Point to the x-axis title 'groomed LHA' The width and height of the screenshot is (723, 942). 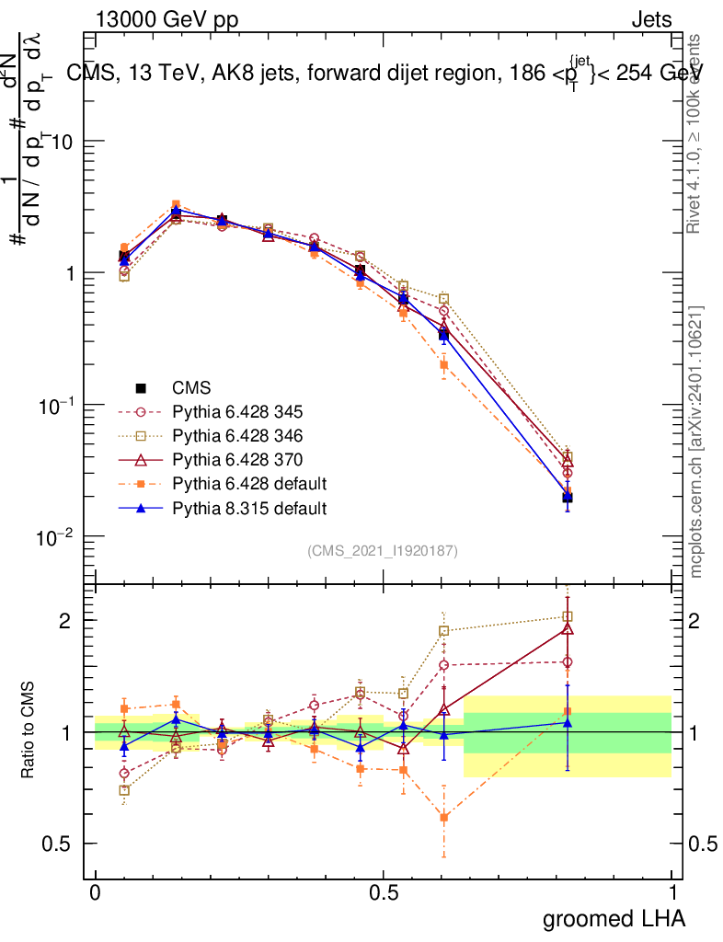pos(614,918)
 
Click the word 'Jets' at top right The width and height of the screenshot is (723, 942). pos(650,19)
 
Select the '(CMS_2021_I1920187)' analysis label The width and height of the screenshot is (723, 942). pos(383,551)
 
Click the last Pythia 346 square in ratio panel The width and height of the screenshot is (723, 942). pos(568,616)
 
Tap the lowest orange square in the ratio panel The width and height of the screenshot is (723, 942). pos(444,817)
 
